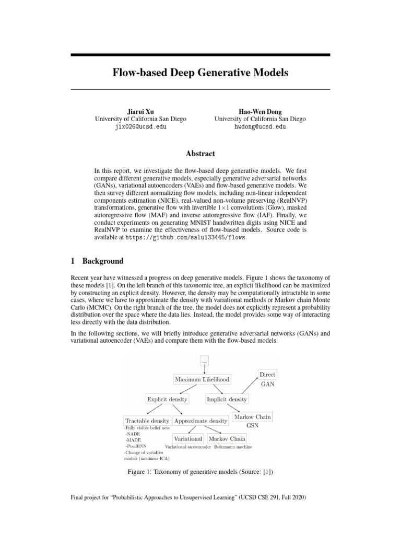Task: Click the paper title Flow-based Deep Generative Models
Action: tap(200, 73)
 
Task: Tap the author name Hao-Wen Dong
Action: tap(260, 111)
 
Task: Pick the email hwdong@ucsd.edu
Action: tap(260, 126)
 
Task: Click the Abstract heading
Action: tap(200, 154)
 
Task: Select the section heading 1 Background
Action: tap(97, 261)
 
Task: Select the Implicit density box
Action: tap(227, 399)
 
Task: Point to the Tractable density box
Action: tap(147, 420)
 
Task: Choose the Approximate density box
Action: tap(200, 420)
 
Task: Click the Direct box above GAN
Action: tap(267, 375)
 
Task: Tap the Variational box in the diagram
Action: tap(188, 439)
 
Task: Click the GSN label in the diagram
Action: tap(253, 426)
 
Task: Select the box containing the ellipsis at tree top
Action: tap(205, 361)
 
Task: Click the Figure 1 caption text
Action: tap(200, 472)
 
